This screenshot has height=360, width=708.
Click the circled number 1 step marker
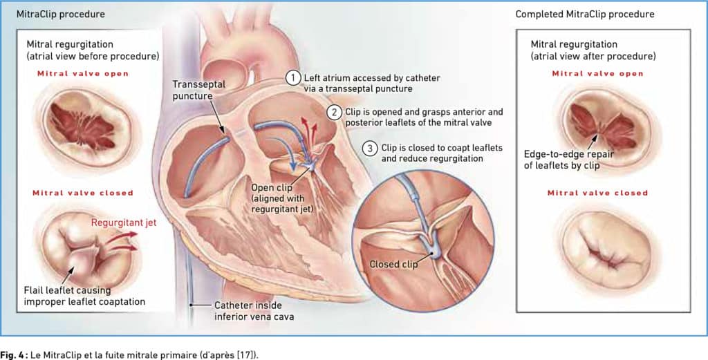pyautogui.click(x=293, y=78)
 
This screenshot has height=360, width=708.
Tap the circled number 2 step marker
pyautogui.click(x=334, y=112)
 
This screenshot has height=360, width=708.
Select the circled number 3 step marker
pyautogui.click(x=371, y=149)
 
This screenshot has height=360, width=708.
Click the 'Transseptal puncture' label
pyautogui.click(x=198, y=90)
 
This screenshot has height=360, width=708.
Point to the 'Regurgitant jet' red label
pyautogui.click(x=124, y=223)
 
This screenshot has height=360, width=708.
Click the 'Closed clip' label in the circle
pyautogui.click(x=393, y=265)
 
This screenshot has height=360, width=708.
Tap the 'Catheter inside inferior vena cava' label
pyautogui.click(x=254, y=311)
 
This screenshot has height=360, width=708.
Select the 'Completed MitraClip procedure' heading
pyautogui.click(x=585, y=14)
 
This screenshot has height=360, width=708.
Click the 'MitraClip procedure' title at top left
pyautogui.click(x=61, y=14)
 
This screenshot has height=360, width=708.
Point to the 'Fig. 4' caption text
pyautogui.click(x=12, y=355)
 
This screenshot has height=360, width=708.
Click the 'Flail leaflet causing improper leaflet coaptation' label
pyautogui.click(x=84, y=296)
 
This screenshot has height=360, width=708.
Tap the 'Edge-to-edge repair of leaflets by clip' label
pyautogui.click(x=568, y=160)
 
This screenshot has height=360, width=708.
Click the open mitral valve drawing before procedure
pyautogui.click(x=86, y=125)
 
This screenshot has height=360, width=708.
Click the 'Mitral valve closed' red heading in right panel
pyautogui.click(x=597, y=193)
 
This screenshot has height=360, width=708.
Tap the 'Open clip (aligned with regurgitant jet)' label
pyautogui.click(x=282, y=198)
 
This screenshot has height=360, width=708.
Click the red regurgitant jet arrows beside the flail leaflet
pyautogui.click(x=122, y=240)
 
